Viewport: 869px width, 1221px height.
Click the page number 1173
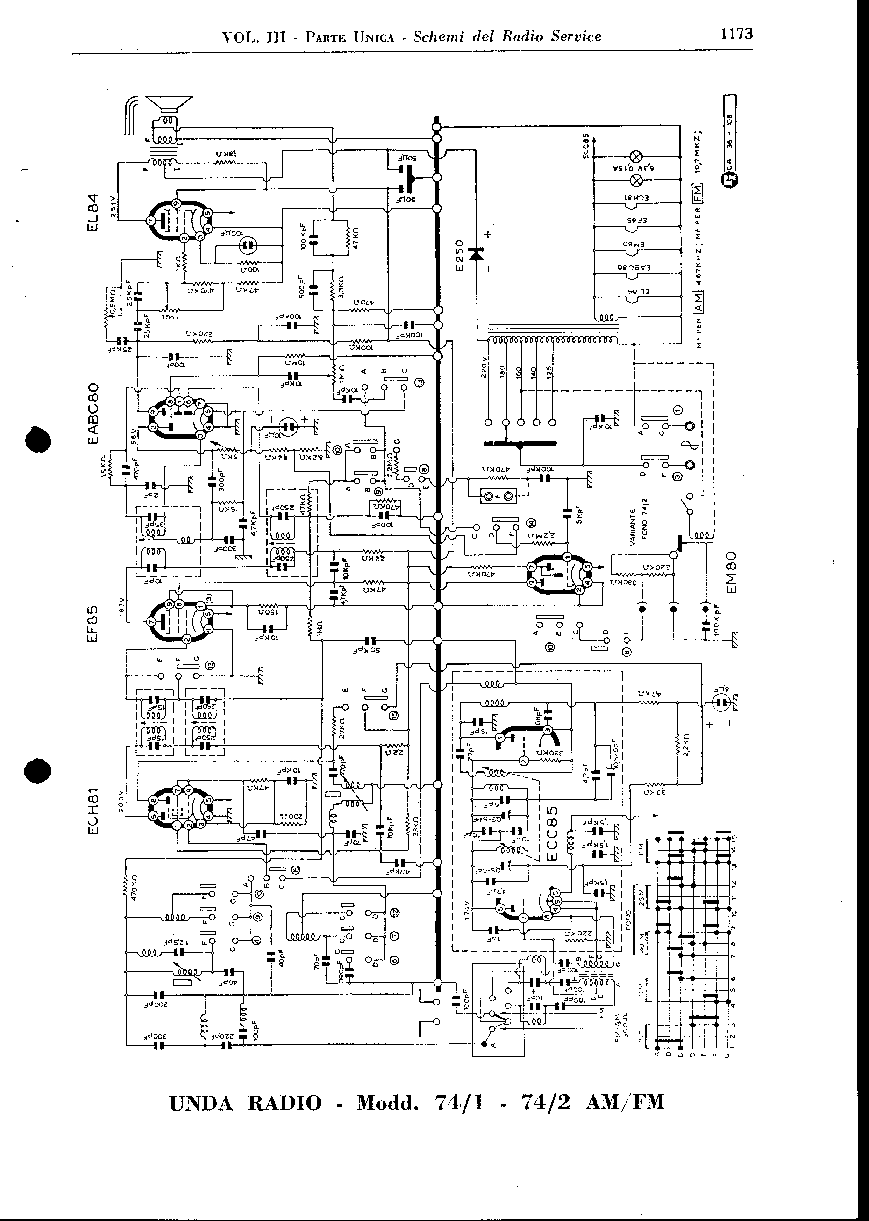point(737,34)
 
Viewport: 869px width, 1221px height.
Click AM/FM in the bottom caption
point(625,1102)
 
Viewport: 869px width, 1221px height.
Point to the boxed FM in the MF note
point(699,192)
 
